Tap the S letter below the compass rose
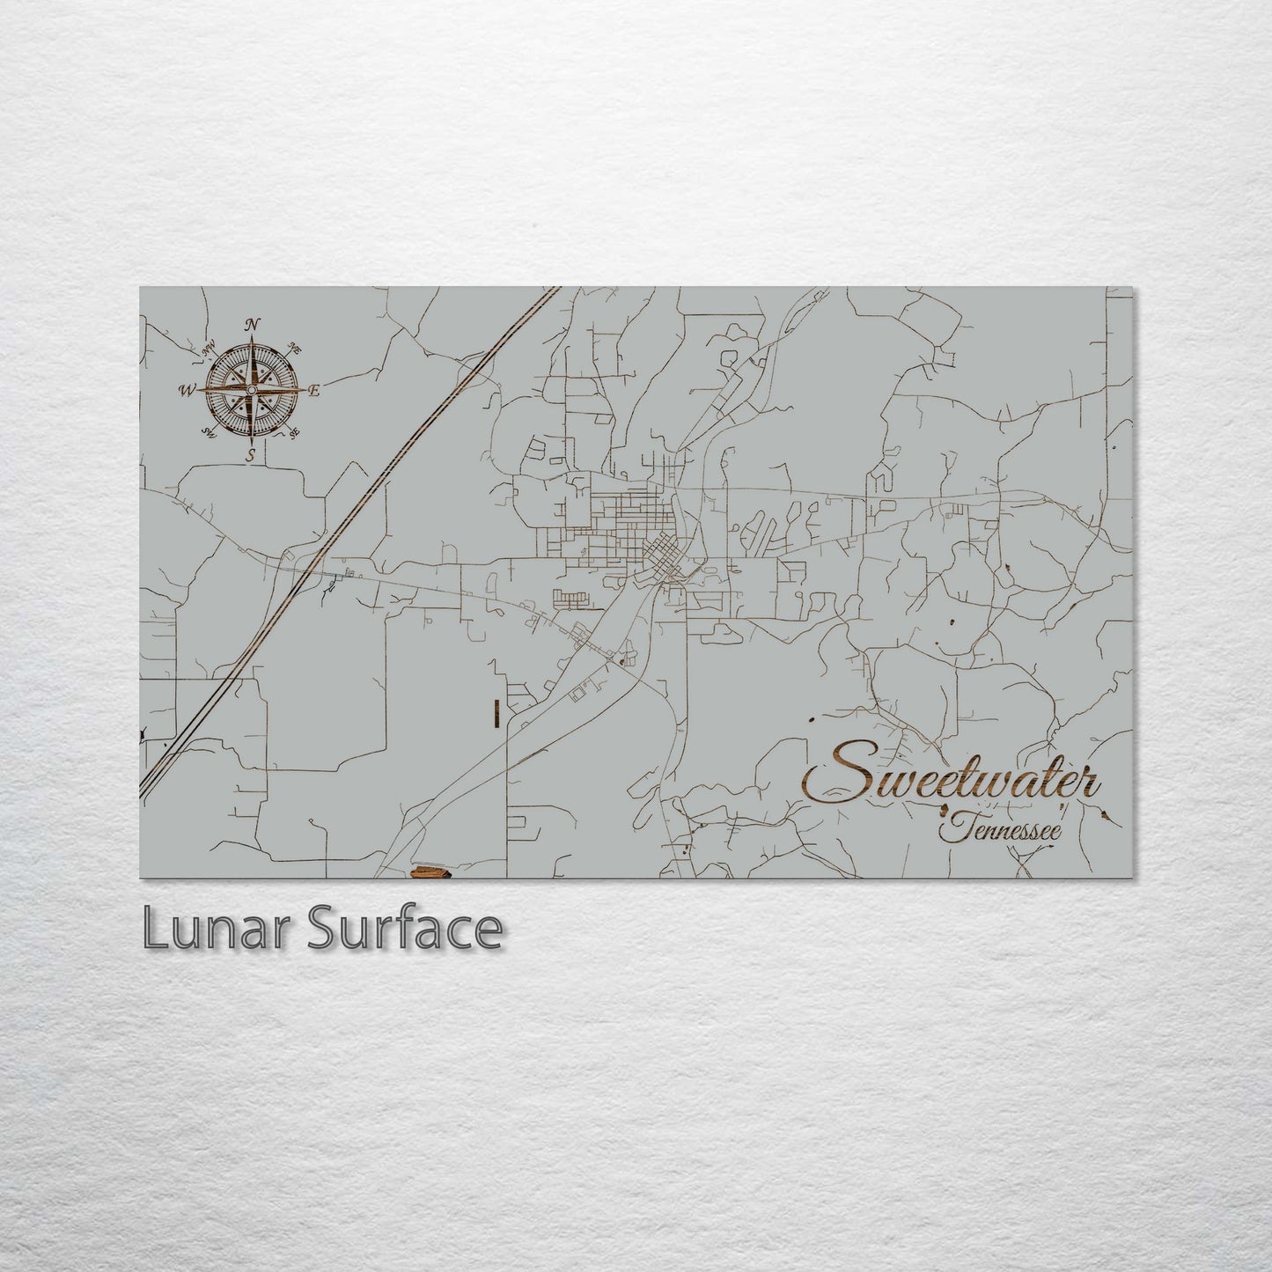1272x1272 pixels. click(251, 454)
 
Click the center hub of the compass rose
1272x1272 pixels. click(252, 390)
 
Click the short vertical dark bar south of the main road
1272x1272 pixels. click(497, 713)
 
